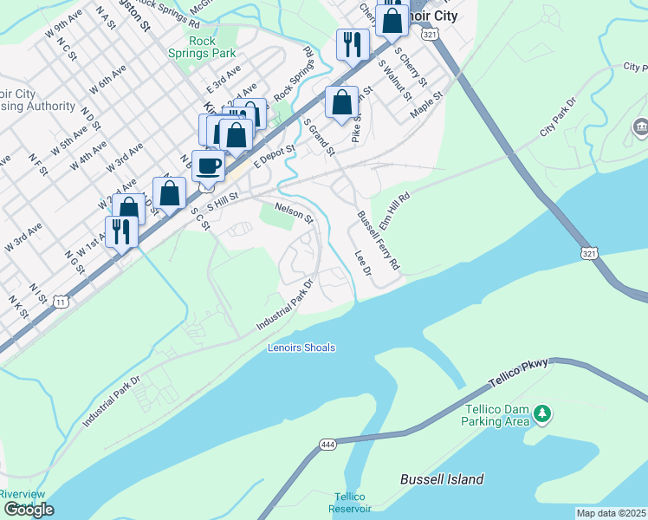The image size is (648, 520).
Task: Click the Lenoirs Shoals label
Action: [x=301, y=348]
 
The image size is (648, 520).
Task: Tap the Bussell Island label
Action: [x=442, y=479]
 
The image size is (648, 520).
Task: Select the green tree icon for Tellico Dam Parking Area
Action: [x=542, y=413]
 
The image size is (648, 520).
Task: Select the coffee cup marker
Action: [x=208, y=166]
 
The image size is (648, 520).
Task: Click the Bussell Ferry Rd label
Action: [x=379, y=238]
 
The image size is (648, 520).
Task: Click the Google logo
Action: [x=28, y=510]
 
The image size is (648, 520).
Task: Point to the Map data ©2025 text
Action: [x=611, y=513]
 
